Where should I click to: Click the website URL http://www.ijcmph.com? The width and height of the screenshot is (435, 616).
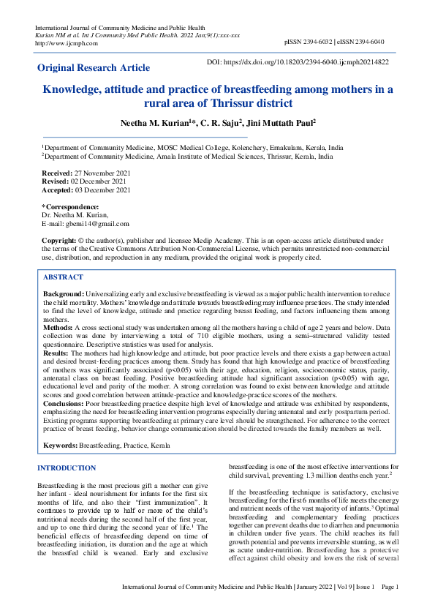click(56, 43)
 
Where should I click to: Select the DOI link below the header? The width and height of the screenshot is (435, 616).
click(298, 63)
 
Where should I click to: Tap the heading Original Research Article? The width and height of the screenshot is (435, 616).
click(94, 68)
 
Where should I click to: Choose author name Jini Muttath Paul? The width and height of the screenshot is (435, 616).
click(282, 124)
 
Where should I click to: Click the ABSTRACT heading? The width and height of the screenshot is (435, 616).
click(63, 277)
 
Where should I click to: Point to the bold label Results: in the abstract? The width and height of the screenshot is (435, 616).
click(57, 351)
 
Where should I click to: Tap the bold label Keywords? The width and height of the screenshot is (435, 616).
click(60, 445)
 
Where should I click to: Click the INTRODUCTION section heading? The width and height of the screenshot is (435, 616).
click(67, 467)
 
